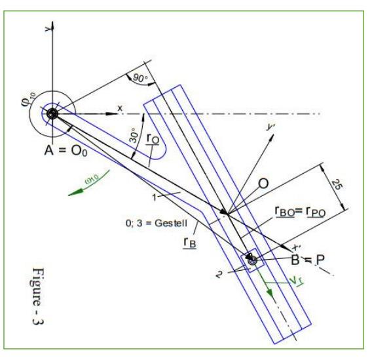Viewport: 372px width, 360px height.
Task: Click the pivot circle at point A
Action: point(51,113)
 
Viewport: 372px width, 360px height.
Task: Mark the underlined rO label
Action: point(152,140)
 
